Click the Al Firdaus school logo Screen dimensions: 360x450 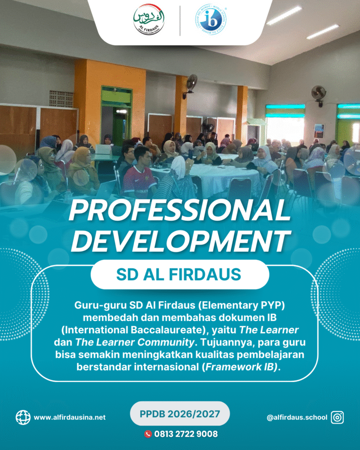pos(149,20)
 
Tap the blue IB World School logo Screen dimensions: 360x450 pos(211,20)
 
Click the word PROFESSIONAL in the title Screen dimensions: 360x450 pos(180,210)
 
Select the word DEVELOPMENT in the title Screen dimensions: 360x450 pos(180,241)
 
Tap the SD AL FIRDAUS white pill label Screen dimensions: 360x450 pos(180,274)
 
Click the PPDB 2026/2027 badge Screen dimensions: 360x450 pos(180,413)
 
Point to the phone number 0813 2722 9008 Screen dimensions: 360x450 pos(186,434)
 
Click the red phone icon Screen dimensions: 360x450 pos(148,434)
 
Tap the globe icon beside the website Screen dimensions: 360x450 pos(23,417)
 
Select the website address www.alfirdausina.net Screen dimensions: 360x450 pos(70,417)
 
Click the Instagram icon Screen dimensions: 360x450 pos(337,417)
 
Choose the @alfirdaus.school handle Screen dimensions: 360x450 pos(297,417)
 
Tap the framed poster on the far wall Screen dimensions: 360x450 pos(319,131)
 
